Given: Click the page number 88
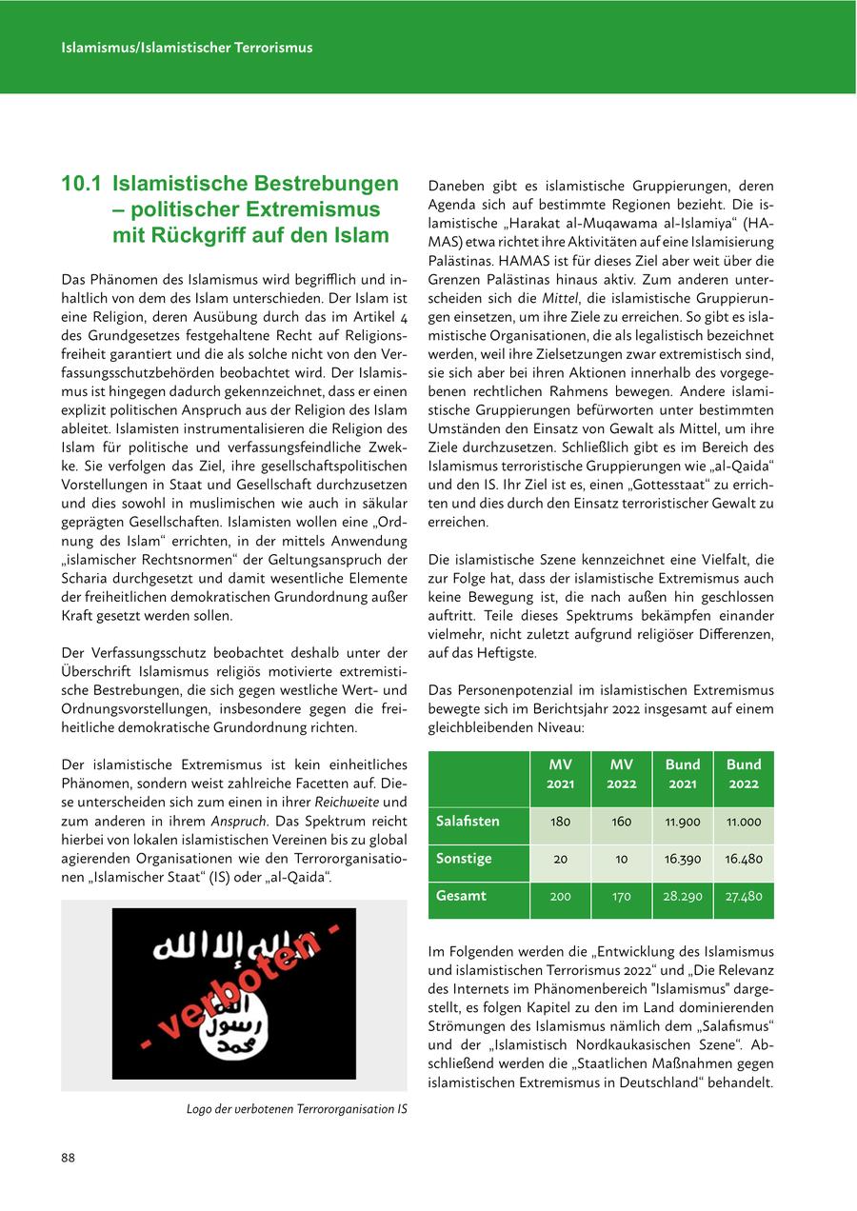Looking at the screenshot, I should (69, 1158).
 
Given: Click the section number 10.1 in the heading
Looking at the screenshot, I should (82, 183).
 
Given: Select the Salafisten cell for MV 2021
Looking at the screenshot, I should (560, 822).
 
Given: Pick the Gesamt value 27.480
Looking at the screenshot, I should (743, 896).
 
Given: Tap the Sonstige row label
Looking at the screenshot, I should (464, 858).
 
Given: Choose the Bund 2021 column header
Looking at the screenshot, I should (682, 774).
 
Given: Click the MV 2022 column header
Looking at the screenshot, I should (621, 774).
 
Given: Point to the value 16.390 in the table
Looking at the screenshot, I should (682, 859).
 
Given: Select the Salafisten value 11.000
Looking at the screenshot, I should (743, 822).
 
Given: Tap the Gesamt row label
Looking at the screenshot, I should (461, 896).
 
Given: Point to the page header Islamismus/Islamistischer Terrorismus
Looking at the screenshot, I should (187, 47).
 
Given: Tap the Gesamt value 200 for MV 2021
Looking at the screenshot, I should (560, 896).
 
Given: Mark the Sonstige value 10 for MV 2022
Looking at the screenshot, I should (621, 859).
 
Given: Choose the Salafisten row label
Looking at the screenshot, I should (468, 821).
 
